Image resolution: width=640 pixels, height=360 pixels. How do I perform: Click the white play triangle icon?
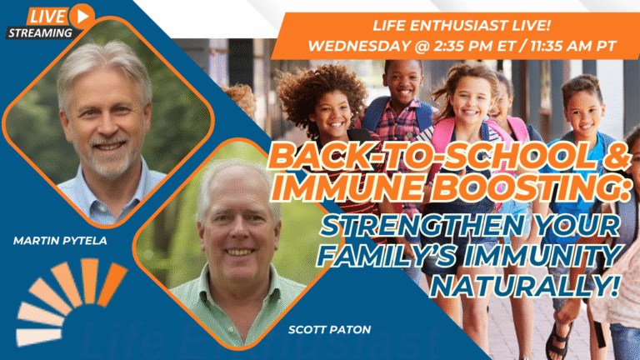[x=83, y=17]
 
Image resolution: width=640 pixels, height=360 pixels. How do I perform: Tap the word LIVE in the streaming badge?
[x=47, y=17]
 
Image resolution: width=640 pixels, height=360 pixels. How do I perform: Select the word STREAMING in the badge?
[x=40, y=33]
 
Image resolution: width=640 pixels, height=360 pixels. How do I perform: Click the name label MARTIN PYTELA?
[x=60, y=241]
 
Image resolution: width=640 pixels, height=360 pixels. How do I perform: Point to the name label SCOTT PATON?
[x=329, y=329]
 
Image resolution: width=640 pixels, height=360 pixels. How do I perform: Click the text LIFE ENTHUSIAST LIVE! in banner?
[x=462, y=25]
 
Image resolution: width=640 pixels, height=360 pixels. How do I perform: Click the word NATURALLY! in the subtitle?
[x=524, y=286]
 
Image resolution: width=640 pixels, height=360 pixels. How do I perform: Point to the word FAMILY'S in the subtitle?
[x=387, y=256]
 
